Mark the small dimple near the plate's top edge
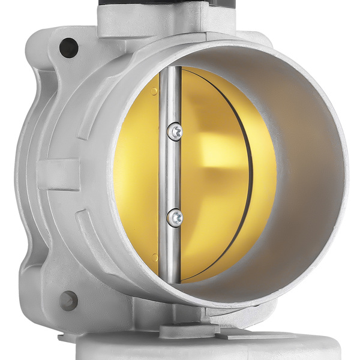[155, 91]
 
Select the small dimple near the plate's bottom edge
[155, 258]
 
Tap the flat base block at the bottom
[180, 348]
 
